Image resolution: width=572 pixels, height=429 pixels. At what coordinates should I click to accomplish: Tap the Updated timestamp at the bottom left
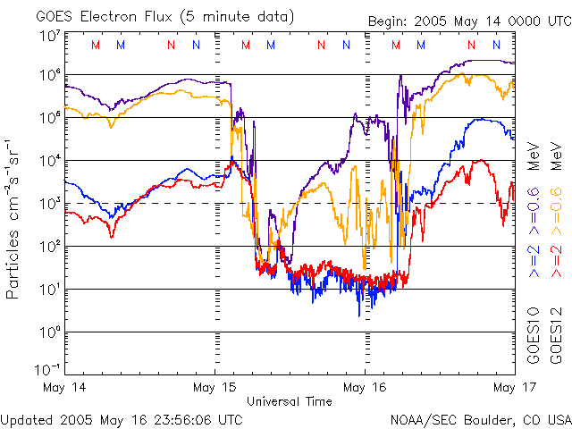122,418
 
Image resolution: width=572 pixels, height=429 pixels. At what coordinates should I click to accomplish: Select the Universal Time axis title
290,401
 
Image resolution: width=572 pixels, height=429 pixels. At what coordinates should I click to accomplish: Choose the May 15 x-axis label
214,387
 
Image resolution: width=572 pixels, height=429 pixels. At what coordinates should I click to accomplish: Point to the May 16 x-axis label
365,387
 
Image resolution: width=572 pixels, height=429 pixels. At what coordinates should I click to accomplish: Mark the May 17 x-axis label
504,387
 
